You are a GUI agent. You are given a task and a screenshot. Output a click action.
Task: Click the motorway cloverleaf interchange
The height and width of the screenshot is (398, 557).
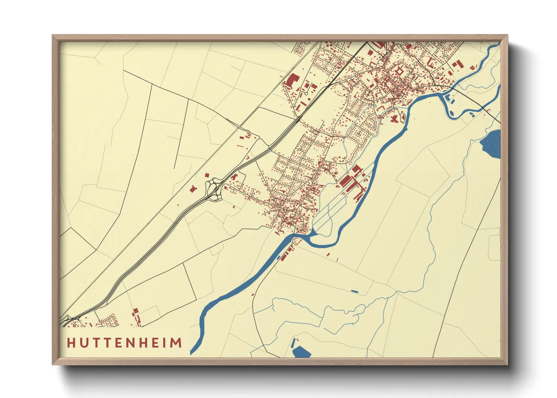point(213,189)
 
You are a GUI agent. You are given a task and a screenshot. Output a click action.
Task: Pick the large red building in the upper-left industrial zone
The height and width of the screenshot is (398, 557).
point(292,81)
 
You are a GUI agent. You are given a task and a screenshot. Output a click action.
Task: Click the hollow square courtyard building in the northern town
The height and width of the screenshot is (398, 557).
point(399,71)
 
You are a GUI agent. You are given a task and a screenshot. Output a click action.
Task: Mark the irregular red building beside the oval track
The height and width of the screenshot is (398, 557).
point(394,119)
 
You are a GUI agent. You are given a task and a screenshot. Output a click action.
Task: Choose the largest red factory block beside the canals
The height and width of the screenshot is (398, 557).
point(347,181)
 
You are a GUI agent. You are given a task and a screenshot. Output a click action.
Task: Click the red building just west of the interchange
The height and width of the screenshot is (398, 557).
point(193,188)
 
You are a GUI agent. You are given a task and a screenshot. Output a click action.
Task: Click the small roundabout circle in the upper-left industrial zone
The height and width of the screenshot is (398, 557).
point(306,93)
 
